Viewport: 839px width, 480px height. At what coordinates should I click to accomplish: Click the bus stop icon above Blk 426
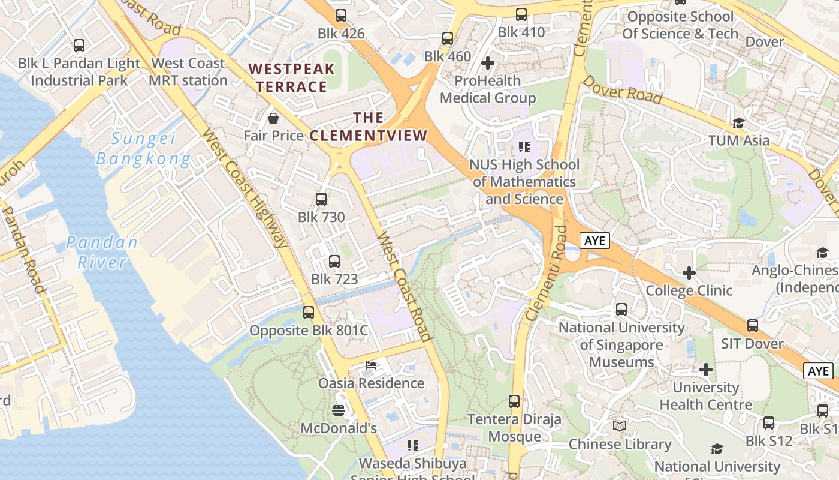341,16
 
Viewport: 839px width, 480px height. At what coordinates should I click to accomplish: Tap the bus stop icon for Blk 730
321,199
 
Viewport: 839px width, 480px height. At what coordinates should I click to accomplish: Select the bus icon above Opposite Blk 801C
309,313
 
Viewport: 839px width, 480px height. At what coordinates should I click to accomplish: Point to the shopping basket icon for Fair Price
273,118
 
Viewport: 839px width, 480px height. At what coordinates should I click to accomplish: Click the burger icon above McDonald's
339,410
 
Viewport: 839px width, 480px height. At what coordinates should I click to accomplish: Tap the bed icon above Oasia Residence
371,365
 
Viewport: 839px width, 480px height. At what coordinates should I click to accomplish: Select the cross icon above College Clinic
689,273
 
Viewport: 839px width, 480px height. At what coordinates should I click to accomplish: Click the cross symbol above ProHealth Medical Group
488,62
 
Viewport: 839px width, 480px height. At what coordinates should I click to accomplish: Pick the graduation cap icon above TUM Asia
738,123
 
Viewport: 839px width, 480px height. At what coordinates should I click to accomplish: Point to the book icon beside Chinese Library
620,427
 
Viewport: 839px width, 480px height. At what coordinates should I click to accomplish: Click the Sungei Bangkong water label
143,149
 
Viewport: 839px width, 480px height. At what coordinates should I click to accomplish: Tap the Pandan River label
102,252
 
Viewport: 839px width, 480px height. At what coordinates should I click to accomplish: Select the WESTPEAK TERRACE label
292,78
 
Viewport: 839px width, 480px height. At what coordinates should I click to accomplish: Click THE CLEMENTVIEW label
368,127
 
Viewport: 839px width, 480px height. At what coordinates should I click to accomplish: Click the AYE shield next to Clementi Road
594,241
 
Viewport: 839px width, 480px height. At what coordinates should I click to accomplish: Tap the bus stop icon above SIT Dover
753,326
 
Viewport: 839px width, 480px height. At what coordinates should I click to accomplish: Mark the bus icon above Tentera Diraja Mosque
514,401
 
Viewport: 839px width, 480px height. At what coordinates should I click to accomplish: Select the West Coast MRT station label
188,71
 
